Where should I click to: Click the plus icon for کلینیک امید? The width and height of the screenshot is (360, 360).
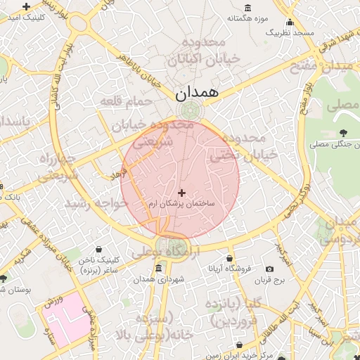coord(27,6)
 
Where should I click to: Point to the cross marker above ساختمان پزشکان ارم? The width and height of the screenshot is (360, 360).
coord(181,192)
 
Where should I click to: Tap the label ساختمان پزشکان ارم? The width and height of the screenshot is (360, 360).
coord(181,203)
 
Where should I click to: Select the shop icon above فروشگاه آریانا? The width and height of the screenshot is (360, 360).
coord(229,258)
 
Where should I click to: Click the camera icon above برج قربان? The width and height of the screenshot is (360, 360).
coord(269,269)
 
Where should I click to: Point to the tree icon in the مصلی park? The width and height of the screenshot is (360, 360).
coord(342,132)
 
